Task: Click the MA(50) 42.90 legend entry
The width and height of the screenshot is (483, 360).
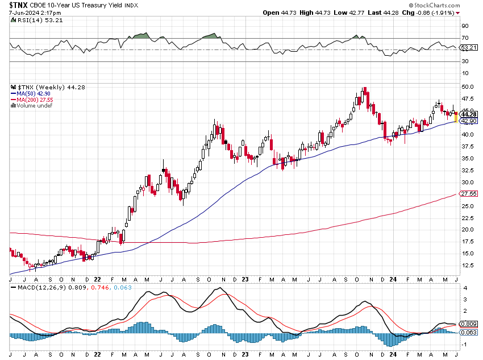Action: coord(34,93)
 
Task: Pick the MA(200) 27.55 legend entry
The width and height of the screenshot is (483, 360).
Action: coord(35,99)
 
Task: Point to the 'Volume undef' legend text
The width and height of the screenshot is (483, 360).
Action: coord(35,105)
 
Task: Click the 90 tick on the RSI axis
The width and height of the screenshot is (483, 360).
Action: coord(465,26)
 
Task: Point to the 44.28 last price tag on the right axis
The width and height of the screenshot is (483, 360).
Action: coord(468,114)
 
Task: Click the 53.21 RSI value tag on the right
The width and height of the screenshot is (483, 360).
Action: coord(468,47)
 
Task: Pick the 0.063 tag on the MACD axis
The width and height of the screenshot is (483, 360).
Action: coord(468,332)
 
